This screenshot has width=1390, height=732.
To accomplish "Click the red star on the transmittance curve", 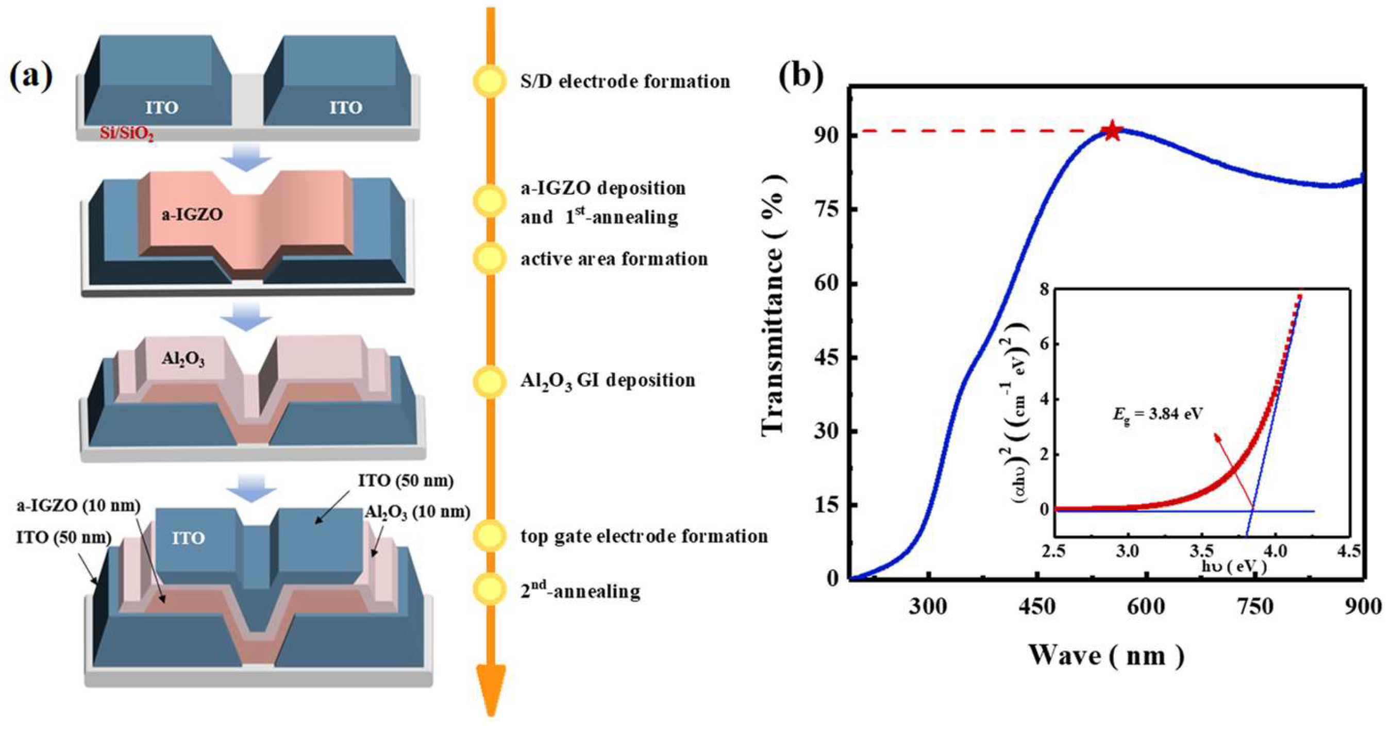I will [1112, 131].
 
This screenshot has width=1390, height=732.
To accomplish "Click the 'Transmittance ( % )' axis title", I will [775, 303].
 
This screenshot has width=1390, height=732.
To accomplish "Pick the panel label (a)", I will [31, 77].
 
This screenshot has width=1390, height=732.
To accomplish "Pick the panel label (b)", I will [801, 77].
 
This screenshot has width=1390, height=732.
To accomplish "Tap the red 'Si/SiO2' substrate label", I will [126, 133].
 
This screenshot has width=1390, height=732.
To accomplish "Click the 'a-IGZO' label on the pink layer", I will [192, 215].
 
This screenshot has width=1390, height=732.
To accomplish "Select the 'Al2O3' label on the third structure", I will [183, 359].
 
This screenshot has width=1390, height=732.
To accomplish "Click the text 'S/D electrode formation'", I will [625, 81].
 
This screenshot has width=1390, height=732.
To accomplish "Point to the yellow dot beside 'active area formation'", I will [490, 259].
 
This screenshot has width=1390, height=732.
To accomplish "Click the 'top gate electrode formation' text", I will [644, 536].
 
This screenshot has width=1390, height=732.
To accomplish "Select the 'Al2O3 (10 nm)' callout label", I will [417, 511].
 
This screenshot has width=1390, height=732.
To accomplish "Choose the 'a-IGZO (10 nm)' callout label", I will [79, 506].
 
